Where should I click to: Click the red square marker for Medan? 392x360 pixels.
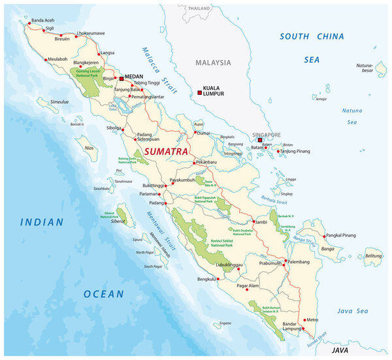point(121,78)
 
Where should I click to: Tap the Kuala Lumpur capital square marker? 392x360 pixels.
point(199,93)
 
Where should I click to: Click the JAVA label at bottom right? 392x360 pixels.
point(340,350)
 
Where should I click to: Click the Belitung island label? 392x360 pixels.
point(373,256)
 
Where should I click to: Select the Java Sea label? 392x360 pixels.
point(353,310)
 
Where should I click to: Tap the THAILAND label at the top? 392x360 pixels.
point(199,8)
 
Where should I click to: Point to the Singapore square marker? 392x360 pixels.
point(259,140)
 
